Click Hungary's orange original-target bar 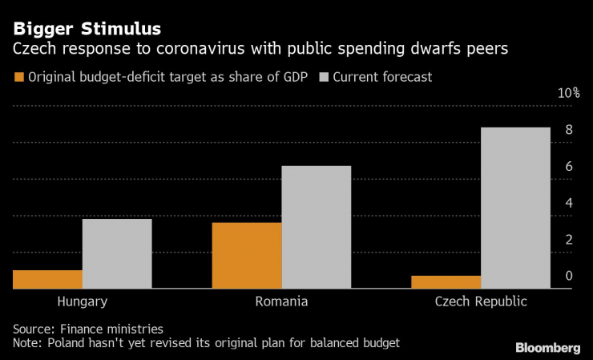[x=47, y=279]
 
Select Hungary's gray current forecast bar [x=117, y=253]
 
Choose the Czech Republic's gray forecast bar [x=515, y=208]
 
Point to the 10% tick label [x=569, y=93]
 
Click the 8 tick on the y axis [x=568, y=130]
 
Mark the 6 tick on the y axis [x=568, y=167]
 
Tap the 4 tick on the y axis [x=568, y=203]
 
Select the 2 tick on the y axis [x=568, y=240]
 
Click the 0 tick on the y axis [x=568, y=276]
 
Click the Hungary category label [x=83, y=301]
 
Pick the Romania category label [x=281, y=301]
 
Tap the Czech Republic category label [x=481, y=301]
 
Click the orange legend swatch [x=18, y=78]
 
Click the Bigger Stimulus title [x=86, y=30]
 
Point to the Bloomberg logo [x=548, y=347]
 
